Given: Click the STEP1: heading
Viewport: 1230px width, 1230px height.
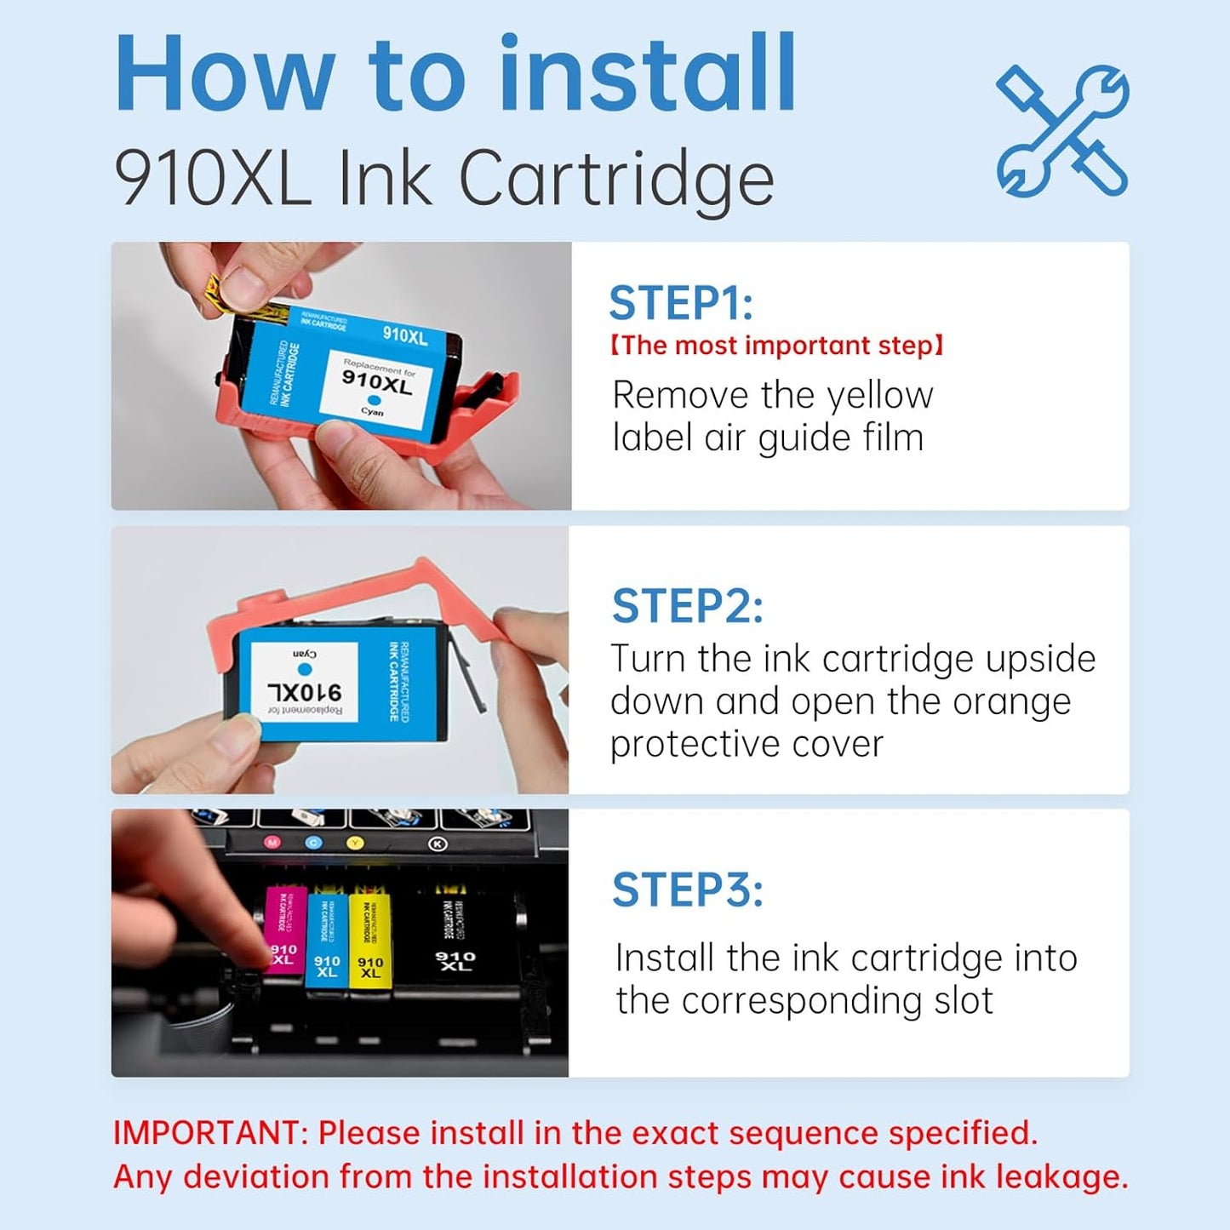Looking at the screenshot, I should (x=681, y=303).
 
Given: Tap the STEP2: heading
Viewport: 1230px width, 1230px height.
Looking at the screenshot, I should (x=687, y=606).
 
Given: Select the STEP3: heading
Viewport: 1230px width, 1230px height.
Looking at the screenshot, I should (x=687, y=890).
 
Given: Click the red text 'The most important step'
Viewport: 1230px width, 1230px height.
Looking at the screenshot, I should (x=776, y=346).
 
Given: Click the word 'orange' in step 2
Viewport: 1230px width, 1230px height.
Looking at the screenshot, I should (x=1011, y=702).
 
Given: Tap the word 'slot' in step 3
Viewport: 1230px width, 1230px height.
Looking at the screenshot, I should (x=963, y=1001).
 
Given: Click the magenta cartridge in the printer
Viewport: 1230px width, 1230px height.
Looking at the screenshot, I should (x=285, y=936).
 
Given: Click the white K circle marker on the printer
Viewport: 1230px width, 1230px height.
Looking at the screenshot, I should (x=437, y=844).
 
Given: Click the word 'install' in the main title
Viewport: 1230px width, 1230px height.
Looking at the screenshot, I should (x=647, y=74).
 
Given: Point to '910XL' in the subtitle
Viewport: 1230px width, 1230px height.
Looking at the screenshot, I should (x=213, y=179).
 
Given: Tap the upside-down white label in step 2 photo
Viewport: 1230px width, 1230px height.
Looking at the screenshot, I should (x=304, y=682).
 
